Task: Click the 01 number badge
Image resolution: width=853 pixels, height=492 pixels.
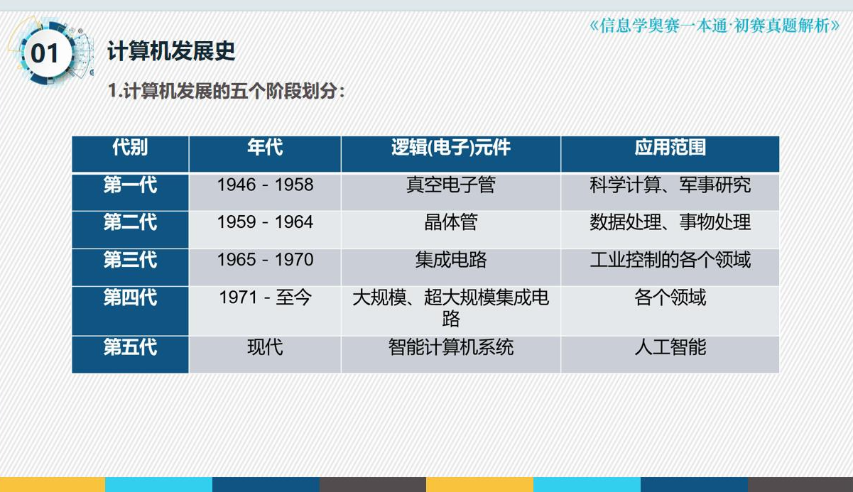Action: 45,53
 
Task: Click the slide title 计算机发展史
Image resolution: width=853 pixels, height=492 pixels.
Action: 171,51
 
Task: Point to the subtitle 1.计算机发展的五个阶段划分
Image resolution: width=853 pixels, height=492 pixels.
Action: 226,91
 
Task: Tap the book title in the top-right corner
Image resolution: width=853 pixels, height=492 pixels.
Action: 715,26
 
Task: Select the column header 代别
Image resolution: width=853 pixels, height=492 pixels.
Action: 130,147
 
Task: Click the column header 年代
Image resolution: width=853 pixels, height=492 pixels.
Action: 265,147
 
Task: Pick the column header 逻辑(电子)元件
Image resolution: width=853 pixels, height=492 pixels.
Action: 451,147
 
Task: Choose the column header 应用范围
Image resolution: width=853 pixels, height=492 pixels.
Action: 670,147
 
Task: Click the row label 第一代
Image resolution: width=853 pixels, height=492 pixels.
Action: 130,185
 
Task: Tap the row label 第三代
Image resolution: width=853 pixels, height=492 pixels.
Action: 130,260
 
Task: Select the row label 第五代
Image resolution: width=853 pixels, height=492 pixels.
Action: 130,347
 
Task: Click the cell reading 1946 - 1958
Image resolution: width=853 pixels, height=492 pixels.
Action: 265,185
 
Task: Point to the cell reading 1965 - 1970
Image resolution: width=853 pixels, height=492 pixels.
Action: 265,260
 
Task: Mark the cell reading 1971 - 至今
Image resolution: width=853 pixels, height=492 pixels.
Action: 265,297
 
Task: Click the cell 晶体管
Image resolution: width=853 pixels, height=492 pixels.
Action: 451,222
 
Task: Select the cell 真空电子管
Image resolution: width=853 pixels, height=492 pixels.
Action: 451,185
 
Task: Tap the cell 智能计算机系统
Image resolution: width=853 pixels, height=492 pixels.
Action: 451,347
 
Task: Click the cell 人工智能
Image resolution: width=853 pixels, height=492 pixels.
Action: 670,347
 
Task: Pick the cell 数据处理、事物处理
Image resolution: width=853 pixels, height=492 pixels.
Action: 670,222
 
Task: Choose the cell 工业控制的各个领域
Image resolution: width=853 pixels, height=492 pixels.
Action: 670,260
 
